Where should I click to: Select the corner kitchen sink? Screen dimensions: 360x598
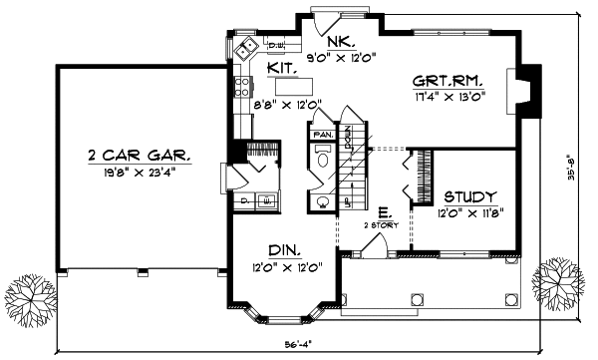coord(245,48)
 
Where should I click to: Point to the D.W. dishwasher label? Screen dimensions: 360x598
coord(276,45)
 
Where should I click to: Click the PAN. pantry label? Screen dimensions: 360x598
coord(322,133)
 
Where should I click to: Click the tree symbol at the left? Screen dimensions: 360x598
coord(28,295)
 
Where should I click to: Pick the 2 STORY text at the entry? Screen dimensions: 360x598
coord(383,225)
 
